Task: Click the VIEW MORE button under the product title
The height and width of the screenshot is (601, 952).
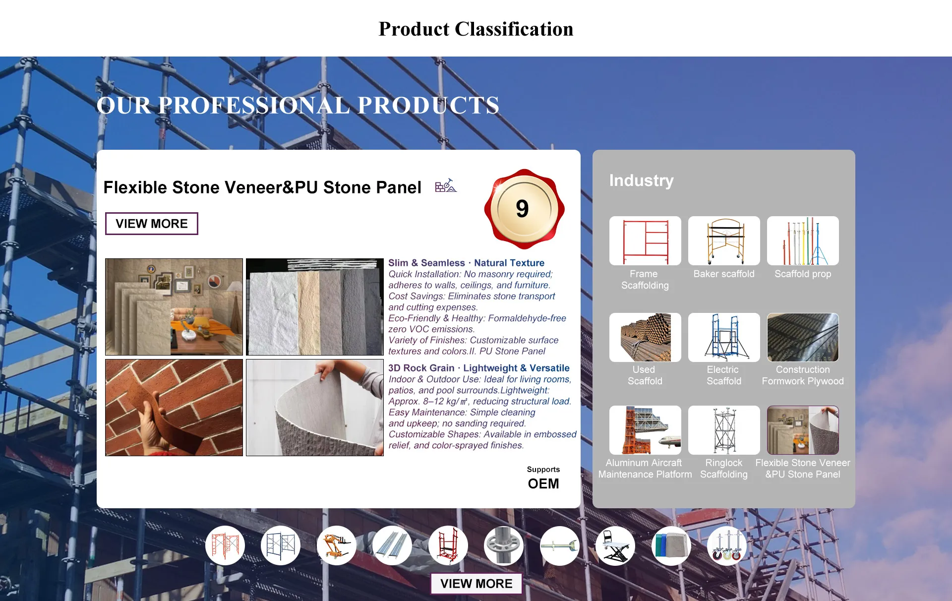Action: [x=152, y=224]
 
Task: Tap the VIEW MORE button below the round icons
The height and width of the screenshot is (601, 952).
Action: [x=476, y=584]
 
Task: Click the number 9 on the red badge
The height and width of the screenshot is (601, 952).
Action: [x=522, y=208]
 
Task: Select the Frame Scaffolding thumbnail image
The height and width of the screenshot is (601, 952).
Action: [x=645, y=240]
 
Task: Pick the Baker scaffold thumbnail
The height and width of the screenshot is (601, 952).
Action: [x=724, y=240]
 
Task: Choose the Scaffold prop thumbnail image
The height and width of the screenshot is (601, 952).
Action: [x=803, y=240]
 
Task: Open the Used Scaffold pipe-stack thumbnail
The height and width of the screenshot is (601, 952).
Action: [x=645, y=337]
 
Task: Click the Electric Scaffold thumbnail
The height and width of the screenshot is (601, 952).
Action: [x=724, y=337]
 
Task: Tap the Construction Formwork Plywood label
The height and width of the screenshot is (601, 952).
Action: [x=803, y=375]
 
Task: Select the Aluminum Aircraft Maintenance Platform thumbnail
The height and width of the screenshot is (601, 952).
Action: [x=645, y=430]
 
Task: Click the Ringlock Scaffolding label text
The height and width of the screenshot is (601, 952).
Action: [x=724, y=469]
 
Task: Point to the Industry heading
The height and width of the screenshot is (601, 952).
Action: [x=641, y=180]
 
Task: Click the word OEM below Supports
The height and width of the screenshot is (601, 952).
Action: [x=543, y=484]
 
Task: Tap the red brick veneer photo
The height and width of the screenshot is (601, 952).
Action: [x=174, y=408]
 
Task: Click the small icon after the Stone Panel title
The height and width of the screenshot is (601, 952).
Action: [x=446, y=185]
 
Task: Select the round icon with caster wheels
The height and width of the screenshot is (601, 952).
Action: [x=726, y=545]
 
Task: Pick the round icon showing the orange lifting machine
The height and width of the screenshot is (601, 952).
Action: [x=337, y=545]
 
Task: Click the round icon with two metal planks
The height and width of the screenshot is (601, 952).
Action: [x=392, y=545]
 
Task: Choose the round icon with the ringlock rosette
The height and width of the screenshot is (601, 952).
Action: [x=504, y=545]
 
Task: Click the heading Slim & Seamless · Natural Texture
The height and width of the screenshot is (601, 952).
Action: [x=466, y=263]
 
